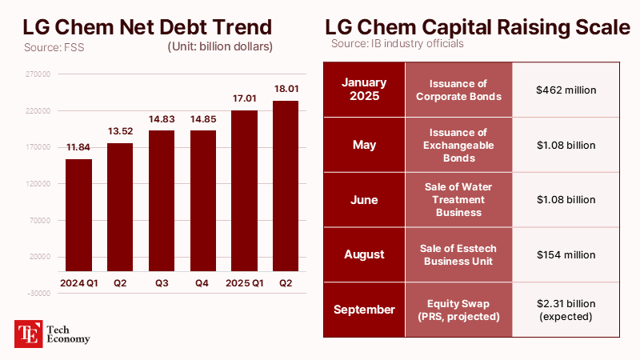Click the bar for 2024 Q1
coord(78,214)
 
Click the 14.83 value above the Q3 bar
coord(162,120)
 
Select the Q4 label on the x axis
coord(203,282)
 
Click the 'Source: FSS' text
coord(54,47)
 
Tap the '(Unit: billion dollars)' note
coord(220,46)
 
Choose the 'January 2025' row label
coord(363,90)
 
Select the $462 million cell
coord(566,90)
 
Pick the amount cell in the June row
coord(566,200)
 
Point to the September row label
coord(363,310)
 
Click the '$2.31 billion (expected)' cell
coord(566,310)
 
